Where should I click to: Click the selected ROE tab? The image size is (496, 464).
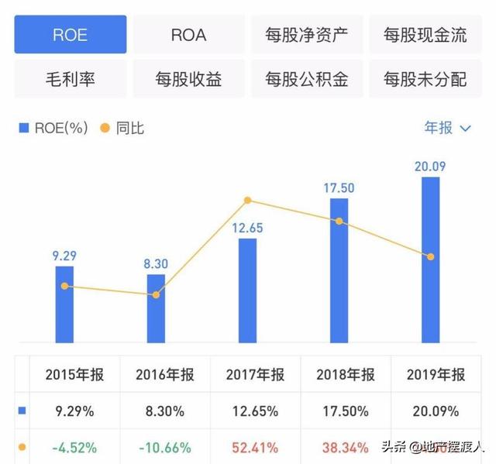point(71,35)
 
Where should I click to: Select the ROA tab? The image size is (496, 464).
point(188,35)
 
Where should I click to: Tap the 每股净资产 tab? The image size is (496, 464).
point(306,35)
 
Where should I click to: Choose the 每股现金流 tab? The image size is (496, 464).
point(425,35)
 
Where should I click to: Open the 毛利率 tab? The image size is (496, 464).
point(71,79)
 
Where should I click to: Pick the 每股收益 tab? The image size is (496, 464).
point(188,79)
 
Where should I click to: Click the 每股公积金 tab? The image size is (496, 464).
point(306,79)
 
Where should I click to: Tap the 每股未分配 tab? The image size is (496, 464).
point(425,79)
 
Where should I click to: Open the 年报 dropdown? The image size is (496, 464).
point(447,128)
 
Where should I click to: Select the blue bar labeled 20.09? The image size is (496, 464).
point(430,263)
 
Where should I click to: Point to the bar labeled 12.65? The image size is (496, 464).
point(247,290)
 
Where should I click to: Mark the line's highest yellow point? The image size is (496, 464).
point(247,201)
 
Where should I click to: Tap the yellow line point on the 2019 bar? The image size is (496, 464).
point(431,256)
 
